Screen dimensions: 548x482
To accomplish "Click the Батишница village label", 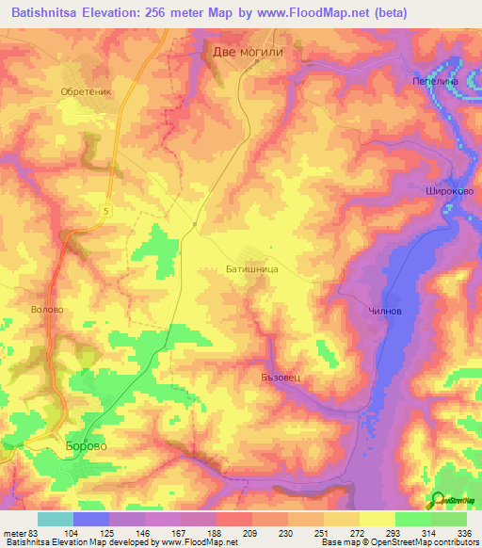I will [x=250, y=268].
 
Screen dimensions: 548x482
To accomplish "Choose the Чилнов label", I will [x=384, y=312].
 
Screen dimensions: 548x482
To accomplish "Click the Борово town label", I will [x=87, y=444].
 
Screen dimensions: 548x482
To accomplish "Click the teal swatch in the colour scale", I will [x=55, y=519].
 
